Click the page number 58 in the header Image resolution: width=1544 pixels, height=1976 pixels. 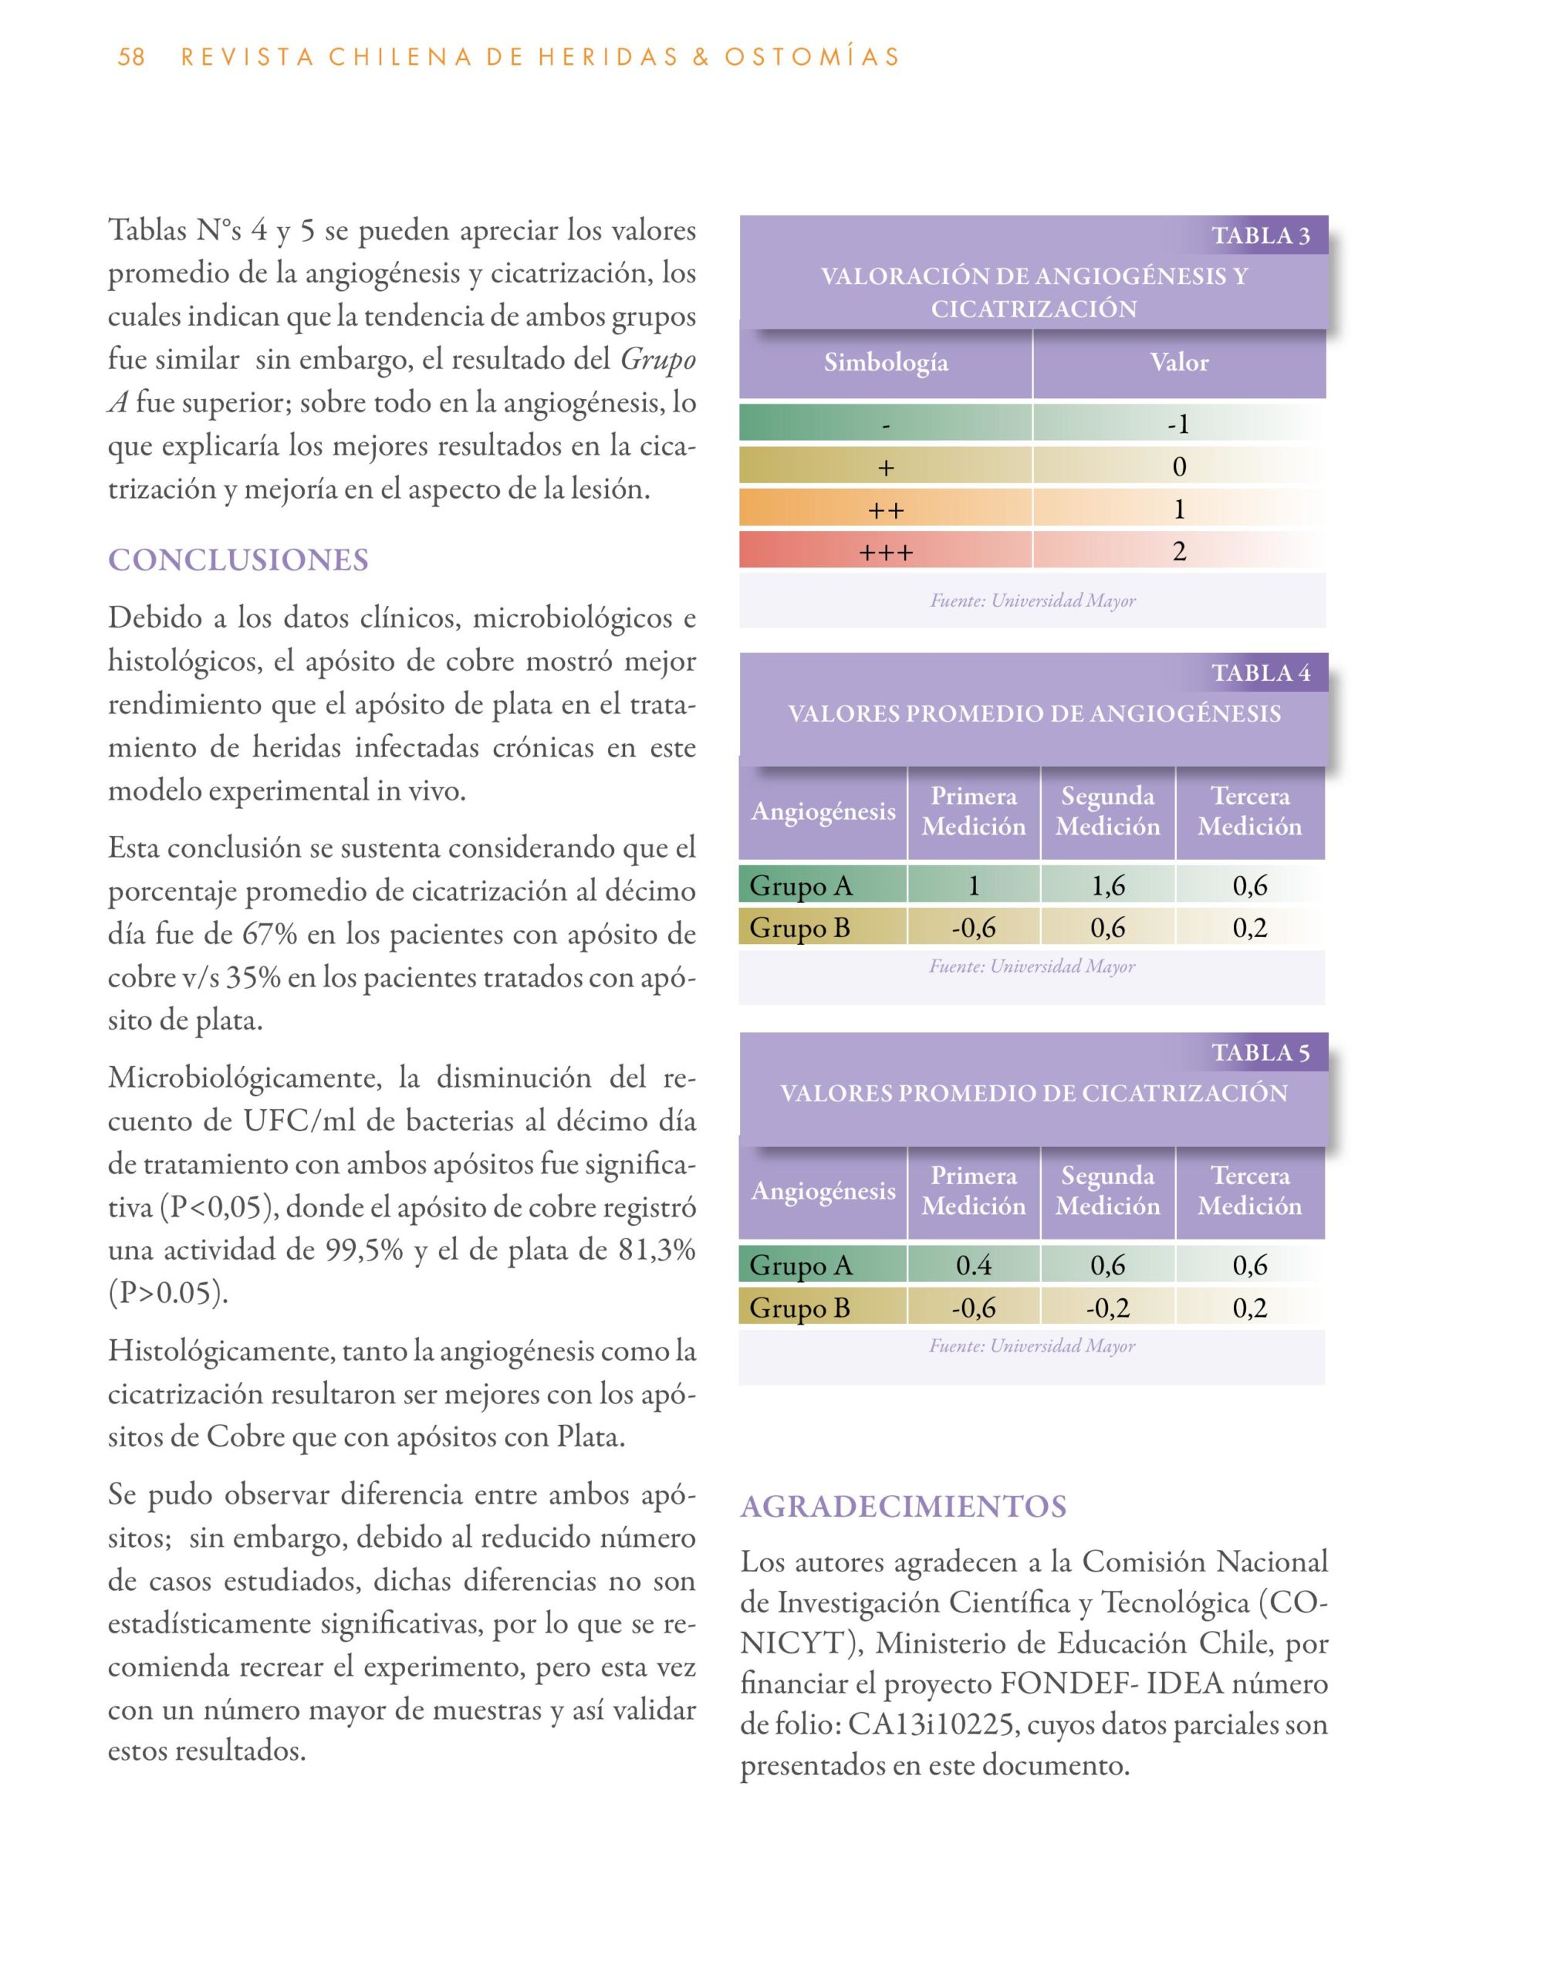(x=131, y=57)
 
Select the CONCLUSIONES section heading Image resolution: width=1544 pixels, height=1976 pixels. (x=238, y=560)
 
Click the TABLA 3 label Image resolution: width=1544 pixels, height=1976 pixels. (x=1260, y=236)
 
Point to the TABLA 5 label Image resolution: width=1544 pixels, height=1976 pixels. (x=1260, y=1053)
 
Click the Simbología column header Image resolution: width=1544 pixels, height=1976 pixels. (x=886, y=363)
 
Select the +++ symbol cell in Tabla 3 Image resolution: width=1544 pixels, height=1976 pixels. (x=886, y=552)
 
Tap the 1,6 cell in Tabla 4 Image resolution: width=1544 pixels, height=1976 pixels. (x=1108, y=886)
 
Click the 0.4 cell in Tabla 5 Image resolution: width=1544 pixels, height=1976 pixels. (x=973, y=1266)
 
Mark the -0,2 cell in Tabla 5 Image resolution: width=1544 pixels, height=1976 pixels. (x=1108, y=1308)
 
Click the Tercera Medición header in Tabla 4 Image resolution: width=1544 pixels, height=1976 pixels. (x=1250, y=811)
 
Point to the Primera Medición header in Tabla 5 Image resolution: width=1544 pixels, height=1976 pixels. (x=973, y=1191)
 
